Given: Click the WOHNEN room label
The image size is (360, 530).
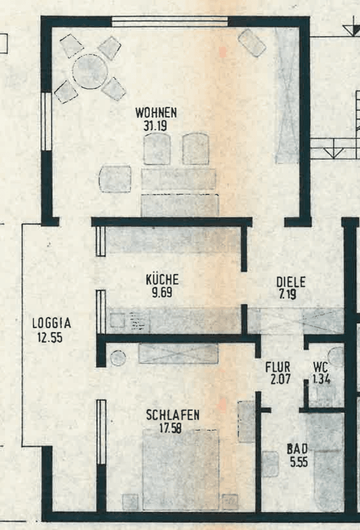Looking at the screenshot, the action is click(156, 113).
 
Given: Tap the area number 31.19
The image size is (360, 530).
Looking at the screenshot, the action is click(155, 126).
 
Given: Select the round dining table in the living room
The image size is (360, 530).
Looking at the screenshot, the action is click(90, 72).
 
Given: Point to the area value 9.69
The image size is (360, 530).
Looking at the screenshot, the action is click(162, 292).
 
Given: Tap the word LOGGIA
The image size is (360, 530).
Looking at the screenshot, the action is click(51, 323).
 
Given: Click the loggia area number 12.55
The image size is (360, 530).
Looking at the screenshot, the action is click(50, 337).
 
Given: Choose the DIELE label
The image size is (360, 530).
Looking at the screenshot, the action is click(291, 282).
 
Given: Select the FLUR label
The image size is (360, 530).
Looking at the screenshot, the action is click(277, 367).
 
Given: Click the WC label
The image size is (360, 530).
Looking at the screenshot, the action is click(320, 367).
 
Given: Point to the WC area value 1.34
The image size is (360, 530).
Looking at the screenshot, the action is click(321, 379).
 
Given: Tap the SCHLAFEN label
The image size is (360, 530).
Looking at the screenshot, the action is click(173, 415).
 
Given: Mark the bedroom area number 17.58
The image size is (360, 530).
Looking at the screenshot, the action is click(170, 428).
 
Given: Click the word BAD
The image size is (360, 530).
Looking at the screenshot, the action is click(297, 449).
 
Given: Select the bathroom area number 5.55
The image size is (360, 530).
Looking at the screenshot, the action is click(299, 462).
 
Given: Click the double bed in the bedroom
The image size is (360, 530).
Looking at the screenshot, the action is click(181, 470).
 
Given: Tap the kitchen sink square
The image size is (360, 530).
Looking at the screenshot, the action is click(117, 320).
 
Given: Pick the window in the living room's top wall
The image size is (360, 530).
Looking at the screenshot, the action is click(170, 22).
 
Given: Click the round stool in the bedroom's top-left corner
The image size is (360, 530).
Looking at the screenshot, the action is click(118, 358).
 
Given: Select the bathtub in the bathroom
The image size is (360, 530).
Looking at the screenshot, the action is click(329, 480).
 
